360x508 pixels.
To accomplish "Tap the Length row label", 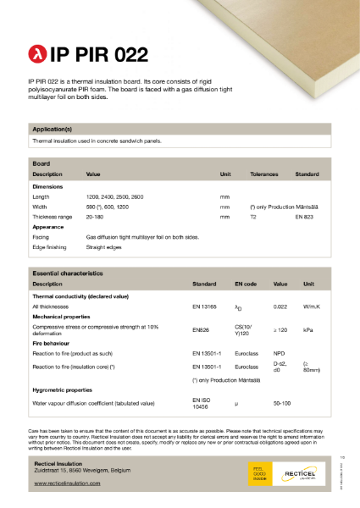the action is point(41,196).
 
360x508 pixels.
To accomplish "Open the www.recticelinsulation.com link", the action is point(67,483).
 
